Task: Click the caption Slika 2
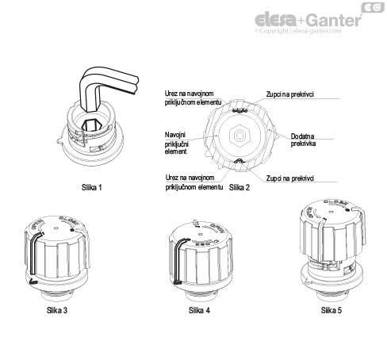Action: click(x=239, y=188)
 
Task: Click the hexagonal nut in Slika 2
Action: click(x=237, y=136)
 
